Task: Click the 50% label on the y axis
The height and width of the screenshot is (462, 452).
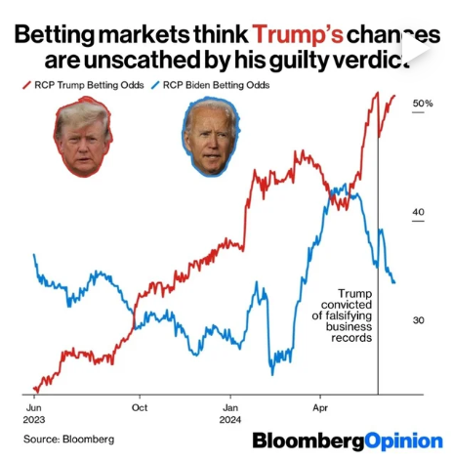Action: point(424,104)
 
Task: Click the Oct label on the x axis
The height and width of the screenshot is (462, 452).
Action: point(140,406)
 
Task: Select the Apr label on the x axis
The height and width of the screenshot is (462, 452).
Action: point(320,406)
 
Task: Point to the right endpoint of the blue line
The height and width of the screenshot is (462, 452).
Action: point(394,283)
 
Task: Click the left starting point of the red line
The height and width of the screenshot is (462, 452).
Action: point(34,390)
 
